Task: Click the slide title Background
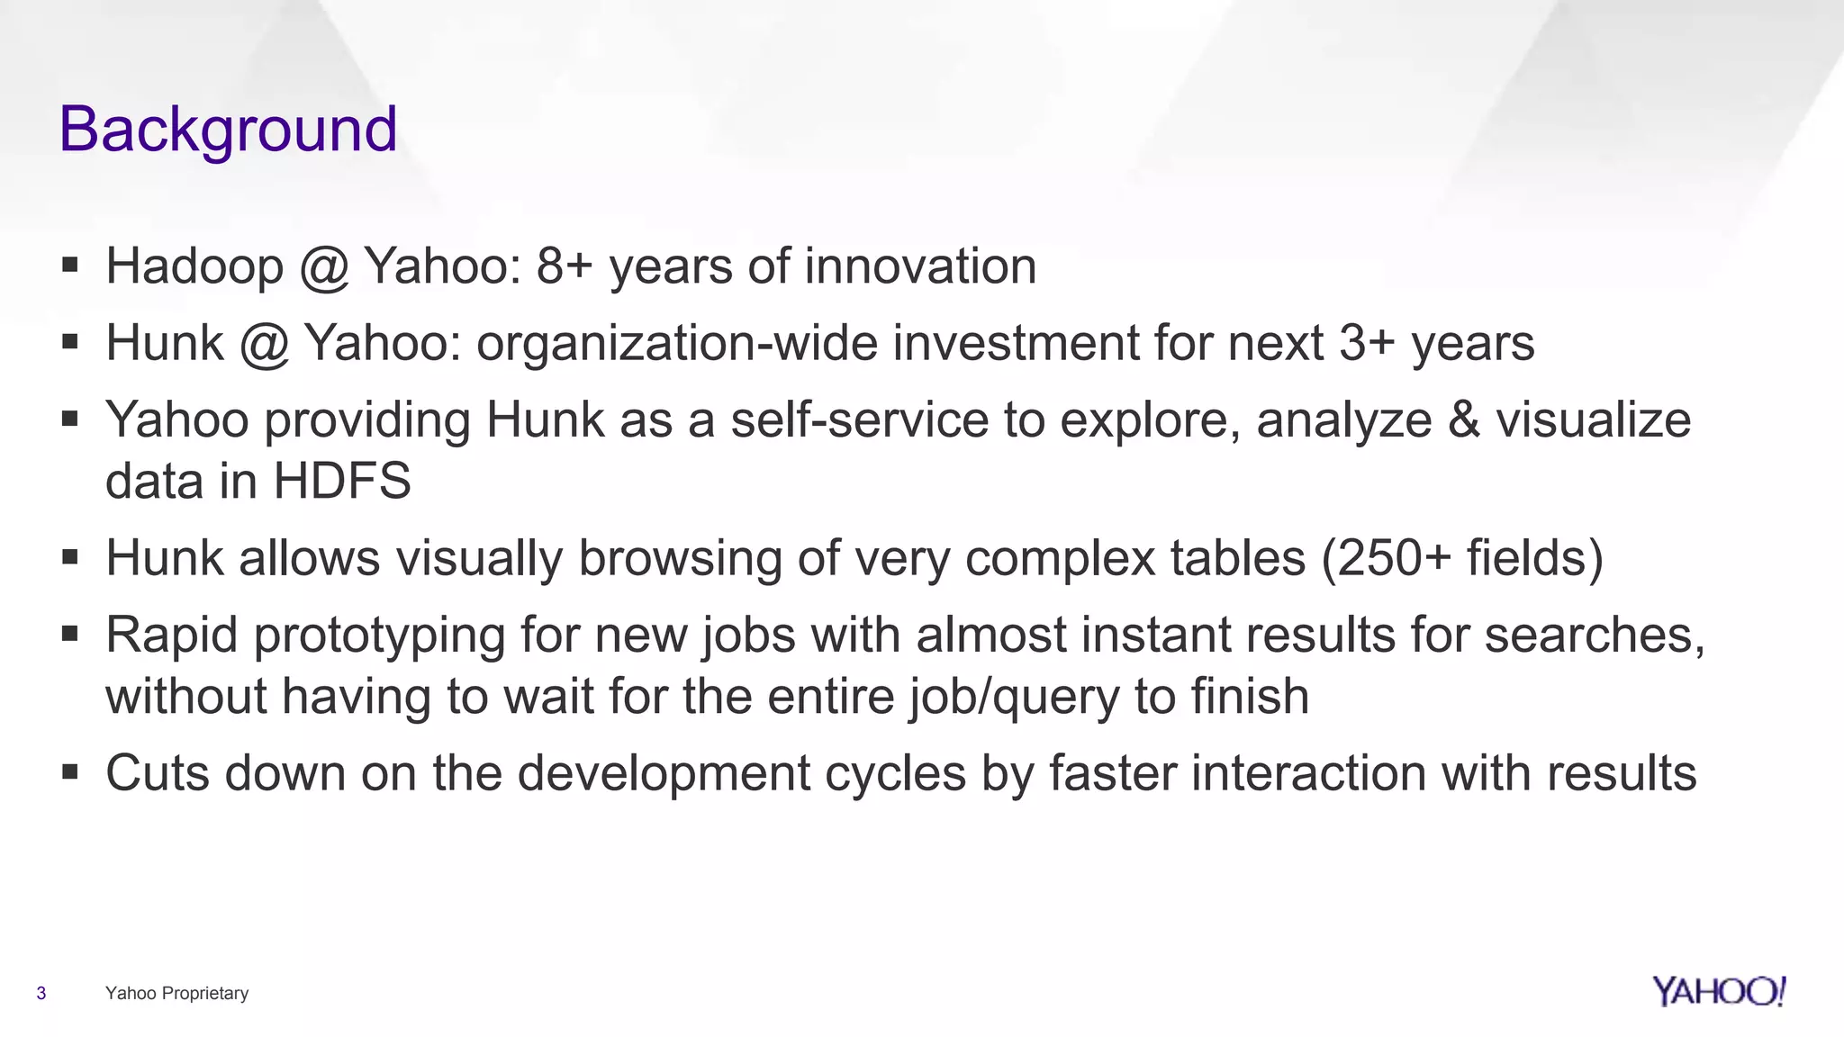tap(228, 130)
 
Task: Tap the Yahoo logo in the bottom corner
tap(1718, 991)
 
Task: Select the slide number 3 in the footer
tap(41, 993)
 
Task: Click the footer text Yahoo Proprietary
tap(176, 993)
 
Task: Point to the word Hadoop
tap(194, 266)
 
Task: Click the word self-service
tap(859, 420)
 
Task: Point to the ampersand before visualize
tap(1464, 420)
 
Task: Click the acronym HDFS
tap(342, 481)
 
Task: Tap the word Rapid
tap(171, 636)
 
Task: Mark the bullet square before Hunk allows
tap(70, 558)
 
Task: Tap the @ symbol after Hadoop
tap(323, 268)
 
